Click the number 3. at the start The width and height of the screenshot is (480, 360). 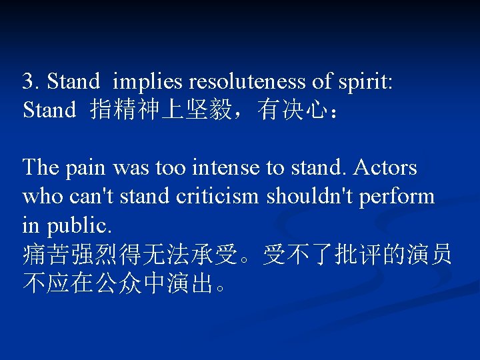(x=31, y=81)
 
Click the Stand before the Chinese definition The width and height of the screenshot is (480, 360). (x=49, y=109)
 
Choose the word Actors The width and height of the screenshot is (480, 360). (x=386, y=168)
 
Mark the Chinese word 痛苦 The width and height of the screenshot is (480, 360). (x=44, y=254)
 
